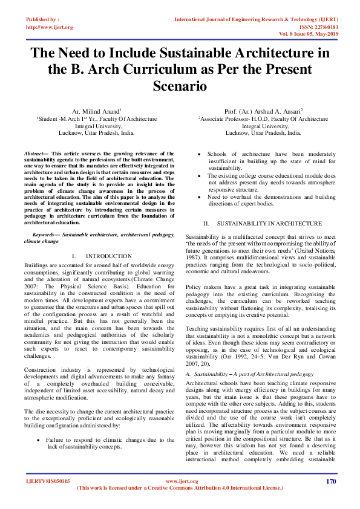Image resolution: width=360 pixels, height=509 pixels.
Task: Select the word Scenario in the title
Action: (x=180, y=86)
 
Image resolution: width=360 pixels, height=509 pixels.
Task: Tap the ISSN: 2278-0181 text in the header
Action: (x=316, y=27)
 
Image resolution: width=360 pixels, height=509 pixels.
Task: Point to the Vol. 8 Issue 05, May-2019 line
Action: (x=305, y=34)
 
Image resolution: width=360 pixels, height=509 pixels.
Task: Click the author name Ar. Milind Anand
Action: (x=97, y=111)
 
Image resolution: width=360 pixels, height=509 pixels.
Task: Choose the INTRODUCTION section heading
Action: (x=109, y=256)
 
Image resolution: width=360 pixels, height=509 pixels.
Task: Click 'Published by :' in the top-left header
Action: (x=42, y=19)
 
